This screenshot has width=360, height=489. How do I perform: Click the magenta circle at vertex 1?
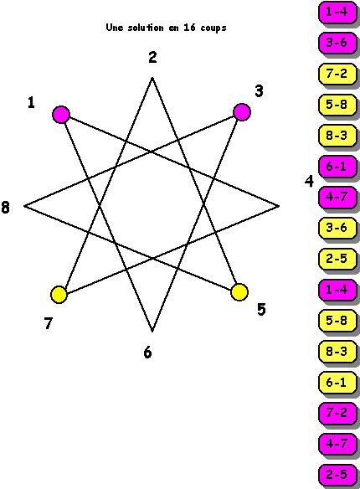point(61,115)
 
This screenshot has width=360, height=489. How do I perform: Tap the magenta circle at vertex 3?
point(242,112)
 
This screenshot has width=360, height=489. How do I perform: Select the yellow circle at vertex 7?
point(59,295)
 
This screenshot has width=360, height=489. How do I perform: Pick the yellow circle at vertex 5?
point(239,292)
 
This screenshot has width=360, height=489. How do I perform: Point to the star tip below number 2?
point(152,78)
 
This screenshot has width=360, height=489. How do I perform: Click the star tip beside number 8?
point(24,206)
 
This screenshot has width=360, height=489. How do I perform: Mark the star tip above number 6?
point(152,331)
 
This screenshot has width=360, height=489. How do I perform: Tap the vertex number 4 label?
point(309,182)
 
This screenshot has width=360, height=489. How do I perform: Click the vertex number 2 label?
point(152,58)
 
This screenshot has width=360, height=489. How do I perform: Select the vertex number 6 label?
point(147,353)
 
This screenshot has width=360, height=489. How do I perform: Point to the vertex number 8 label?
point(5,208)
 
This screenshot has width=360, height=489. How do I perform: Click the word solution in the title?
point(146,28)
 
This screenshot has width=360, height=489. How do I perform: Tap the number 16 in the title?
point(189,28)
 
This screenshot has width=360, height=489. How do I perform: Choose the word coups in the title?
point(213,28)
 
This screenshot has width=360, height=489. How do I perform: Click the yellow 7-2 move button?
point(337,74)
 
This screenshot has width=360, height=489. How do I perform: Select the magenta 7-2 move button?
point(337,413)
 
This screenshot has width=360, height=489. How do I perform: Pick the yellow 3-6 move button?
point(337,228)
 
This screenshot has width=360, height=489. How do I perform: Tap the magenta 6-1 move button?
point(337,167)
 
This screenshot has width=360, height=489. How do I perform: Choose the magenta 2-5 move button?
point(337,475)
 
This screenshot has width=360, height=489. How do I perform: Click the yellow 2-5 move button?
point(337,259)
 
